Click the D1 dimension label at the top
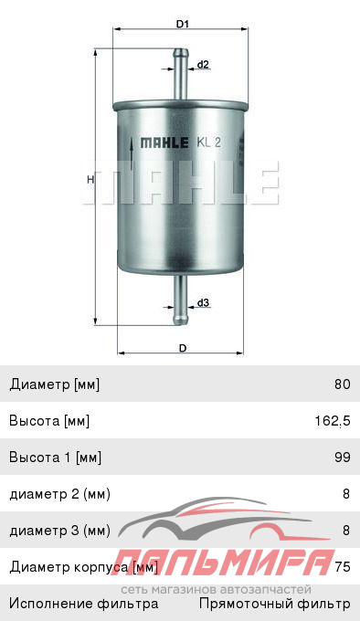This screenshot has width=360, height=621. (182, 24)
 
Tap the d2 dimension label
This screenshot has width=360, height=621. (203, 64)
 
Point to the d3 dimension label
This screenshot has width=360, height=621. (203, 303)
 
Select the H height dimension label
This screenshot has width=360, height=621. (90, 179)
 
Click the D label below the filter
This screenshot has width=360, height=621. (183, 348)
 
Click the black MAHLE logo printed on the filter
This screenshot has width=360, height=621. (164, 142)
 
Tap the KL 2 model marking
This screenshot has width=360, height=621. (208, 142)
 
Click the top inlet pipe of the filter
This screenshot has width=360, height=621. (181, 74)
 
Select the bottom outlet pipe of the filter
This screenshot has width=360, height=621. (181, 300)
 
